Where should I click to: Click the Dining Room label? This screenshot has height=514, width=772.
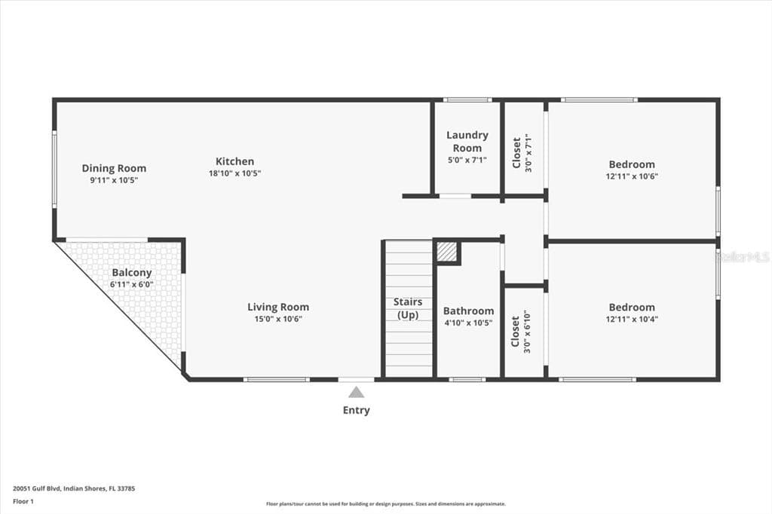pyautogui.click(x=114, y=168)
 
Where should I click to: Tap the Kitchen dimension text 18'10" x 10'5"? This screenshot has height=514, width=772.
pyautogui.click(x=234, y=173)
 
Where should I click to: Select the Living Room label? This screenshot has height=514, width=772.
pyautogui.click(x=278, y=307)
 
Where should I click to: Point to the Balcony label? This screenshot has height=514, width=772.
pyautogui.click(x=131, y=273)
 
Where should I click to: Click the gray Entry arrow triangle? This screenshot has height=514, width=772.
pyautogui.click(x=357, y=393)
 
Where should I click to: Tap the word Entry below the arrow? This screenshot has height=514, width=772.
pyautogui.click(x=357, y=410)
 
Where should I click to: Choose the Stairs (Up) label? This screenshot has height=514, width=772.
pyautogui.click(x=408, y=308)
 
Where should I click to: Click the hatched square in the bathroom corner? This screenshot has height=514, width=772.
pyautogui.click(x=447, y=252)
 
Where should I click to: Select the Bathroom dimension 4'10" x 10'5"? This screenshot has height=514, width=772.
pyautogui.click(x=468, y=323)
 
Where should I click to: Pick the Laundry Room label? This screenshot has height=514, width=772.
pyautogui.click(x=467, y=141)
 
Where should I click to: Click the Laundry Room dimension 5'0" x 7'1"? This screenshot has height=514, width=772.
pyautogui.click(x=467, y=160)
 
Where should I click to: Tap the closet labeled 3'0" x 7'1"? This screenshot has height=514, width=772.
pyautogui.click(x=522, y=153)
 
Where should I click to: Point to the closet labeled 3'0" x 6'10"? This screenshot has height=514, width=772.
pyautogui.click(x=521, y=332)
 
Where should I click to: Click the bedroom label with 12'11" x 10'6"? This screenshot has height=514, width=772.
pyautogui.click(x=632, y=164)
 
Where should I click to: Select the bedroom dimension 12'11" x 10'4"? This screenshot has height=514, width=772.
pyautogui.click(x=632, y=319)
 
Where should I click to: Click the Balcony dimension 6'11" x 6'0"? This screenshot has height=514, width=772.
pyautogui.click(x=131, y=285)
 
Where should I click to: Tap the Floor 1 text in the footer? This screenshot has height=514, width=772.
pyautogui.click(x=23, y=502)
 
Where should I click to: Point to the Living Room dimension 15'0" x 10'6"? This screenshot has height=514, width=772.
pyautogui.click(x=278, y=319)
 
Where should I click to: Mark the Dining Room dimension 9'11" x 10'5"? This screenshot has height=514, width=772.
pyautogui.click(x=114, y=180)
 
